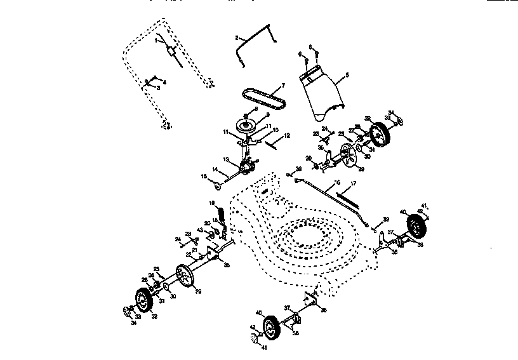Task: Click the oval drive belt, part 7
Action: click(263, 97)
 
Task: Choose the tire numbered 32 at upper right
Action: click(380, 135)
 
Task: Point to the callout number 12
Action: click(287, 135)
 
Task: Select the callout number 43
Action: click(201, 230)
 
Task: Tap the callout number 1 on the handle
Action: click(154, 39)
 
